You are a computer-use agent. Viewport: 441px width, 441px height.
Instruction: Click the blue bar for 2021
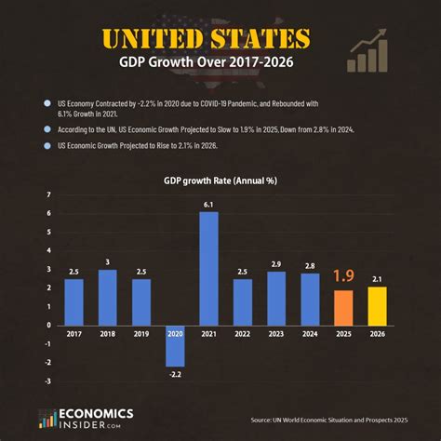tap(209, 269)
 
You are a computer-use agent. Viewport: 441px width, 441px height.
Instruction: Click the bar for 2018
tap(108, 297)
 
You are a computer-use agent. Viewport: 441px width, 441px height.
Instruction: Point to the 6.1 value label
tap(209, 205)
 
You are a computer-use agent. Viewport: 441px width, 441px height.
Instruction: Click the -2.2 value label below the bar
tap(176, 374)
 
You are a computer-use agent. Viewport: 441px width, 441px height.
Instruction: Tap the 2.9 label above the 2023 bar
tap(276, 264)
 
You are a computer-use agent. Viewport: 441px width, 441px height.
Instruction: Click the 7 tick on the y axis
tap(49, 194)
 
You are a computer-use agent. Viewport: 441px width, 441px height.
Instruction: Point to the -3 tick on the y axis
tap(47, 380)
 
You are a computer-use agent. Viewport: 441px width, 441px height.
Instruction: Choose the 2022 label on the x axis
tap(243, 334)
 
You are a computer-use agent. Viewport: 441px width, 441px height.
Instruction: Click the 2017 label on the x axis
tap(73, 334)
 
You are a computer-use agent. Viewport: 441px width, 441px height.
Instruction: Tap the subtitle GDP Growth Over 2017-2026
tap(220, 64)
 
